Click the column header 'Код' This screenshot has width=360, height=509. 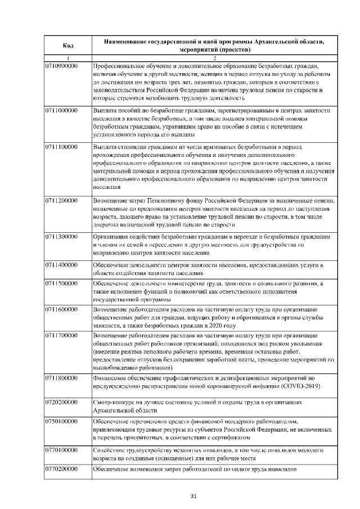coord(68,45)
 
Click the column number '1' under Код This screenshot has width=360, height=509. coord(68,58)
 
